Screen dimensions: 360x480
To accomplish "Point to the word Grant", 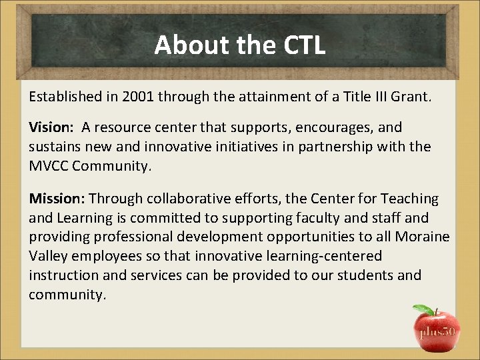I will (x=413, y=97).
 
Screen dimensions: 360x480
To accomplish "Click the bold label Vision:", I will (x=51, y=127).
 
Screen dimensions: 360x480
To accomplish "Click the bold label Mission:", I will (x=57, y=199).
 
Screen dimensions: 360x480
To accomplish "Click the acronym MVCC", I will (x=49, y=165).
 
